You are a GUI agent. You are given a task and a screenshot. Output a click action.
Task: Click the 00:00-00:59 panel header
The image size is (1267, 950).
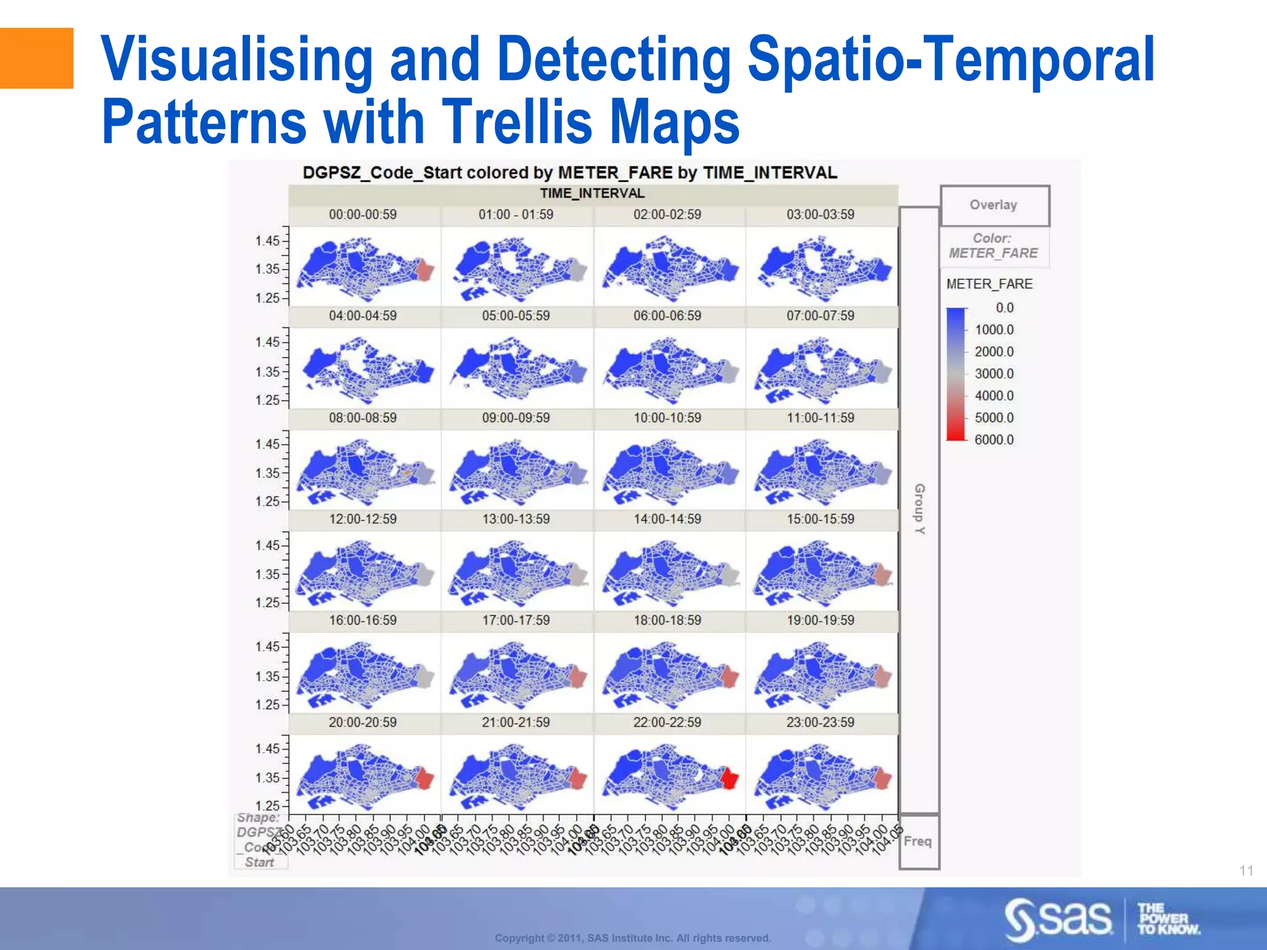363,215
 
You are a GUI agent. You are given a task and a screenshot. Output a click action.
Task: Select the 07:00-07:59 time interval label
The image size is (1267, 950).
820,316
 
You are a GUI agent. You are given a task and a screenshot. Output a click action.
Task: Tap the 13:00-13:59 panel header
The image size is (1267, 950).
516,519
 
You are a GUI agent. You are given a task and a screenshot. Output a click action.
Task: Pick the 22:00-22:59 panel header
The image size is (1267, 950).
667,722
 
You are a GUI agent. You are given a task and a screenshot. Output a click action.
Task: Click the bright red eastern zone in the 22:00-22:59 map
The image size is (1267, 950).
729,778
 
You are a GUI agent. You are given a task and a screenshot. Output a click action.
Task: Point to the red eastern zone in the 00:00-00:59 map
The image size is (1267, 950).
424,270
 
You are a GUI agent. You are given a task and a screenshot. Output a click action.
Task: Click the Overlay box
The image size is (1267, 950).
994,205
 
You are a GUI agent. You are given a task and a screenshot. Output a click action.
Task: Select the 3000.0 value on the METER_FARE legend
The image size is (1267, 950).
994,374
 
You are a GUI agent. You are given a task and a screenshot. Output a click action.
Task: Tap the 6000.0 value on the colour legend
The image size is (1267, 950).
994,440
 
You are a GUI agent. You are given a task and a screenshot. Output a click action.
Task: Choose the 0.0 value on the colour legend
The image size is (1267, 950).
1004,307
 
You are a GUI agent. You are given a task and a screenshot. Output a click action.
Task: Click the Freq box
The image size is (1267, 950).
918,841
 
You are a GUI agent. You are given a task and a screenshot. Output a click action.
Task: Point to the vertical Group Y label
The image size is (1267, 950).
920,509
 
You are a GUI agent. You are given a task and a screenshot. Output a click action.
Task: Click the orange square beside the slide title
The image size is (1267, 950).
37,58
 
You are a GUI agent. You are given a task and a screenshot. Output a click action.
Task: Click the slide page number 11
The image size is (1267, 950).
1246,871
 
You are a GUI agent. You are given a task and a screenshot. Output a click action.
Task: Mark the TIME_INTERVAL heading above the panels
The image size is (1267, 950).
592,194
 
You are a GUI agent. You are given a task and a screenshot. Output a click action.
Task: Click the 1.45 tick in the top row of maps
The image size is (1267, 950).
267,241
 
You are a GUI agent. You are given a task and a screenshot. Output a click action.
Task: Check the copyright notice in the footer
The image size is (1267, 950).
633,938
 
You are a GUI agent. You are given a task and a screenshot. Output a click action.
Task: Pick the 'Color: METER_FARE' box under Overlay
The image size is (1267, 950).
994,246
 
